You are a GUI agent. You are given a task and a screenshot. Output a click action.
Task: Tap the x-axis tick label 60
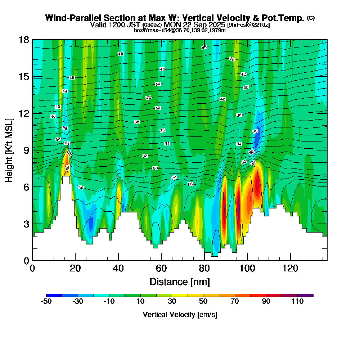click(161, 268)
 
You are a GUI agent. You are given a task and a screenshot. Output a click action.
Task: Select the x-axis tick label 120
click(290, 268)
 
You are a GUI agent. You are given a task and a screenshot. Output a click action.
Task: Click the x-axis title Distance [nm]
click(180, 281)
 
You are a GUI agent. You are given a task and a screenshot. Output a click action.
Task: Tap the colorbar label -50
click(46, 302)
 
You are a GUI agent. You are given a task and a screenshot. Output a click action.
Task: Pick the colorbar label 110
click(297, 302)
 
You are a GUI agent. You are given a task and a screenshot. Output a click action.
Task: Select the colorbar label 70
click(235, 302)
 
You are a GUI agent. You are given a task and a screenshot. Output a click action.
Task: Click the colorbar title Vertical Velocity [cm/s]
click(180, 315)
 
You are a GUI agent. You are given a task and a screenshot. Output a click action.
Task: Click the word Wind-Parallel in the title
click(68, 18)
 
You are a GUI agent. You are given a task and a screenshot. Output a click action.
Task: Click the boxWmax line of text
click(180, 30)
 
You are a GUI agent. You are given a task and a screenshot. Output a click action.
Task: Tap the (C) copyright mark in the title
click(311, 18)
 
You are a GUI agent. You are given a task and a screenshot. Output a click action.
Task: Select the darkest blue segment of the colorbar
click(54, 295)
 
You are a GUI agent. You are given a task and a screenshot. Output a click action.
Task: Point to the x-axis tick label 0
click(32, 268)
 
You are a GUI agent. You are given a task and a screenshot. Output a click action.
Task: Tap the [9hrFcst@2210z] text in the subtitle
click(248, 25)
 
